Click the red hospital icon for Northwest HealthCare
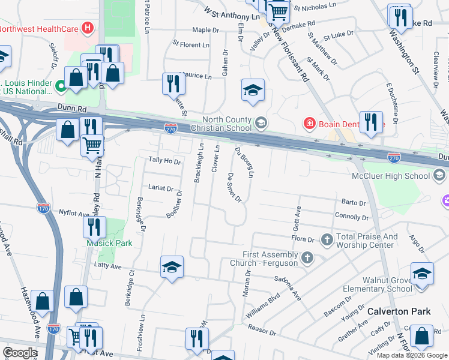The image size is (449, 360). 88,28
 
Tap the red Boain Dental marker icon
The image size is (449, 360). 309,124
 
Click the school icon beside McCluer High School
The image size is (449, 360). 440,175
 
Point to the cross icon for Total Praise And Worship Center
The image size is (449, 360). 327,240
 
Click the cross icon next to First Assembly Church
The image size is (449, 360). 307,258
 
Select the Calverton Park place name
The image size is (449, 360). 399,311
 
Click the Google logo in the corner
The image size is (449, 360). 20,353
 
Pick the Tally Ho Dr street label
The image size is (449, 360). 164,161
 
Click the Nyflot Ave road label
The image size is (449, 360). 73,212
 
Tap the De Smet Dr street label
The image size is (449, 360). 234,187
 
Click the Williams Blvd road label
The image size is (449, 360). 262,305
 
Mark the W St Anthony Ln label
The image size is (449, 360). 234,13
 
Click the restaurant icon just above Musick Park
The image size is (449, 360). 94,227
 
